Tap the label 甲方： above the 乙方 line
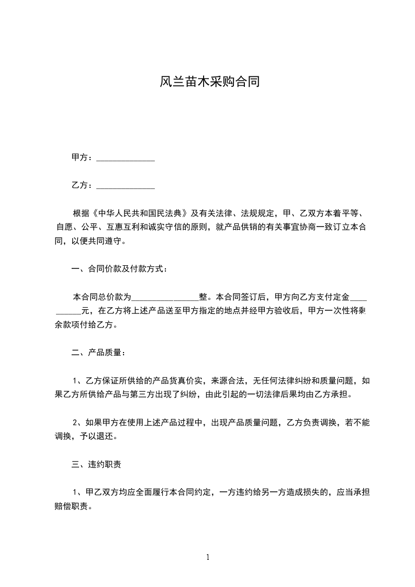(83, 157)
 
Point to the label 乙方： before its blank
(83, 186)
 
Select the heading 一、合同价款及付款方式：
(119, 269)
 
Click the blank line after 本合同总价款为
(165, 297)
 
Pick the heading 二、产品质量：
(98, 353)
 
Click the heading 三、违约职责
(97, 464)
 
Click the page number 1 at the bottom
(208, 557)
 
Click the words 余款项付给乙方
(86, 325)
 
